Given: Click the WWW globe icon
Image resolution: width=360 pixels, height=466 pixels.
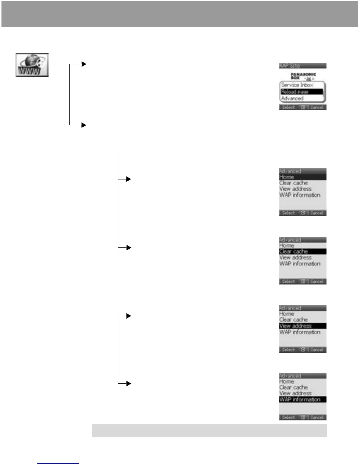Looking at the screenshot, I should (x=32, y=65).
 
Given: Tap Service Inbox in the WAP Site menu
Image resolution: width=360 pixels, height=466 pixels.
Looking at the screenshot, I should (x=297, y=85).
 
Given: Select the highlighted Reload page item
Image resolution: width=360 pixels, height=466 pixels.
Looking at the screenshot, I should (x=301, y=92).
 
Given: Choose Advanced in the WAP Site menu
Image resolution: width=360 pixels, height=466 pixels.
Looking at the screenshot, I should (x=292, y=99).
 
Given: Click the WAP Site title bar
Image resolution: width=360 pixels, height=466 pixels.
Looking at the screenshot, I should (x=303, y=66).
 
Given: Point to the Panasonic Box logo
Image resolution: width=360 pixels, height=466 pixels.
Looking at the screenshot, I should (x=303, y=76).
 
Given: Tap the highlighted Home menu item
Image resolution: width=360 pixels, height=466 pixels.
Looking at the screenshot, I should (x=303, y=177).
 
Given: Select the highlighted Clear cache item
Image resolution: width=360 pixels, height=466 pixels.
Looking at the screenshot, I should (x=303, y=252).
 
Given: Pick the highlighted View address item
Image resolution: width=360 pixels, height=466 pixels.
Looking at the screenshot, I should (x=303, y=326).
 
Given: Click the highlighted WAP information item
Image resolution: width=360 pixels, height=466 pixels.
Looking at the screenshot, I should (x=303, y=400).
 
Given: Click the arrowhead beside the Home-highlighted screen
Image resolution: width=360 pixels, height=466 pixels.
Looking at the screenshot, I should (x=128, y=179).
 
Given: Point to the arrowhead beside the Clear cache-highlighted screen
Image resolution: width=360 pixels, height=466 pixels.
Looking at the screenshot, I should (x=128, y=248).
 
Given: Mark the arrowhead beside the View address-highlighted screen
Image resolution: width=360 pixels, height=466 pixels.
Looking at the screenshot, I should (x=128, y=316).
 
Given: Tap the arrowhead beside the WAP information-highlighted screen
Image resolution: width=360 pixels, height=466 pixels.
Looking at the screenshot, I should (x=128, y=383).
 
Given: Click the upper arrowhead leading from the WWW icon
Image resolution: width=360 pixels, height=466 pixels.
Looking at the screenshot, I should (x=84, y=64).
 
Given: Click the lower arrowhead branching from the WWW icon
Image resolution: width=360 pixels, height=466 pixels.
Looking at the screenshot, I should (x=84, y=125).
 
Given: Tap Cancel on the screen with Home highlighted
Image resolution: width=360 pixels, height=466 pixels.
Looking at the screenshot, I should (x=317, y=213).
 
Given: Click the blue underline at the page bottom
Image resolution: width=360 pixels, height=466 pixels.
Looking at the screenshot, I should (x=58, y=463).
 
